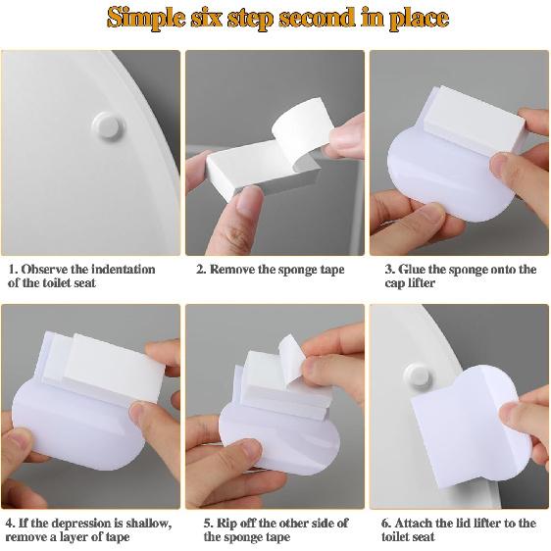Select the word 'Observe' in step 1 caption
pyautogui.click(x=46, y=269)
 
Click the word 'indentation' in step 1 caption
pyautogui.click(x=119, y=269)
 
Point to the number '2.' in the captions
pyautogui.click(x=200, y=270)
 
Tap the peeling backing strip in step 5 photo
pyautogui.click(x=291, y=350)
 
